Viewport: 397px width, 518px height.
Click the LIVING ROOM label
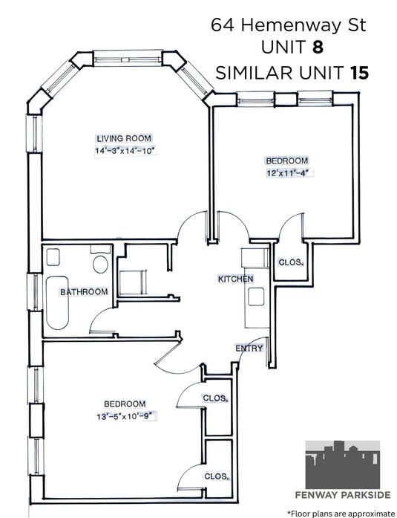point(124,138)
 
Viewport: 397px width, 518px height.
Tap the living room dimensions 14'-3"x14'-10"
point(125,152)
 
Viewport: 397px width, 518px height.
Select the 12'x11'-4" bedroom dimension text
point(290,173)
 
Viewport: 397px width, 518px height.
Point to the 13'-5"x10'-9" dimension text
point(126,417)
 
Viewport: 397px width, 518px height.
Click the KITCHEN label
point(236,279)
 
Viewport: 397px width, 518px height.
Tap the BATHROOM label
point(84,292)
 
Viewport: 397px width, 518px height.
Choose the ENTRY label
point(249,349)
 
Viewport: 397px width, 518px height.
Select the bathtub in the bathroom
point(57,303)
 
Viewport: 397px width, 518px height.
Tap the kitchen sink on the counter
point(256,297)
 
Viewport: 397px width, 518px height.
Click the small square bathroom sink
point(53,257)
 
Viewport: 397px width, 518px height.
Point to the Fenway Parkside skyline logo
point(343,464)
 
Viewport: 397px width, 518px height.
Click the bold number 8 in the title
point(318,48)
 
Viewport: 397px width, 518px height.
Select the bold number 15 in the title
point(359,73)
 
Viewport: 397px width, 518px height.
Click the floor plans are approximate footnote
point(341,514)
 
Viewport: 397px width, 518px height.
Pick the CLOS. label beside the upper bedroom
point(290,262)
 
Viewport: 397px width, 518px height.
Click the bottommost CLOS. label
point(216,476)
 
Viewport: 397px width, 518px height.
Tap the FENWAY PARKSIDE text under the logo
point(343,495)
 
